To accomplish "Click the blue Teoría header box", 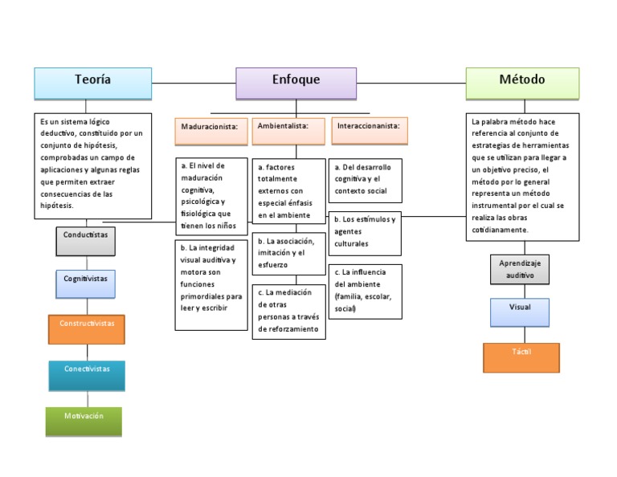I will tap(92, 80).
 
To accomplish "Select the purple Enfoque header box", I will tap(296, 82).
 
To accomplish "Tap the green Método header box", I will tap(522, 80).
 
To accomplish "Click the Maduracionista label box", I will tap(211, 128).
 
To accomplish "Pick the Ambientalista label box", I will tap(288, 128).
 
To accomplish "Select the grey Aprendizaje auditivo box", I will tap(521, 270).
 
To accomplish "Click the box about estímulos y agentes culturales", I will tap(366, 233).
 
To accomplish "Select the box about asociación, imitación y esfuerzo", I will tap(288, 253).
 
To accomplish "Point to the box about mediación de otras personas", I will tap(288, 312).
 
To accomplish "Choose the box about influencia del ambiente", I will tap(366, 291).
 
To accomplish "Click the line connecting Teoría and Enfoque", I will tap(193, 83).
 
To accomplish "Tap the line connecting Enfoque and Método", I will tap(411, 83).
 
